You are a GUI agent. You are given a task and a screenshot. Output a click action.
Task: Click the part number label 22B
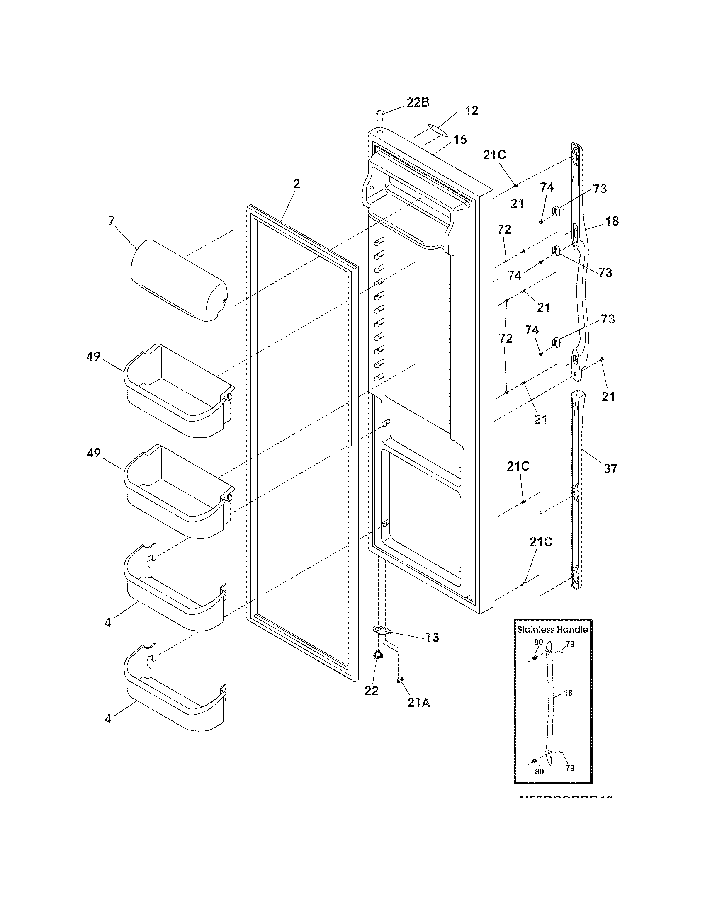click(418, 102)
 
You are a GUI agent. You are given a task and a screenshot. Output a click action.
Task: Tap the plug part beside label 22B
click(379, 114)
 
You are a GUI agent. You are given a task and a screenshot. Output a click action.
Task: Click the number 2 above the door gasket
click(296, 184)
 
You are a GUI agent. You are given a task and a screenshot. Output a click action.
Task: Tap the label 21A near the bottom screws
click(419, 703)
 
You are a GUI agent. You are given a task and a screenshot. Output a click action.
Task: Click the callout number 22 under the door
click(371, 691)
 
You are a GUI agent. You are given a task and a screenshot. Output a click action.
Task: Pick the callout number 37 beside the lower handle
click(610, 469)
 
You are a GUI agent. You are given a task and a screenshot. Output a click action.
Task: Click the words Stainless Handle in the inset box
click(552, 629)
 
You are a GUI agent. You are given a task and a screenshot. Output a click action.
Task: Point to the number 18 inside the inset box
click(568, 693)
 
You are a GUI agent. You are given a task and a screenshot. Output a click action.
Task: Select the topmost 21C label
click(494, 155)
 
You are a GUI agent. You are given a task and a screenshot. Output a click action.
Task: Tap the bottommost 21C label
click(541, 542)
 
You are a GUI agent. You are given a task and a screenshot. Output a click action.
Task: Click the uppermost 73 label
click(599, 189)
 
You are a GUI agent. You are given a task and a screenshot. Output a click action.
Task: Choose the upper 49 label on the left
click(93, 357)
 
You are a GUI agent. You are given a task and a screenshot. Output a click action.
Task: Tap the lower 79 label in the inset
click(570, 767)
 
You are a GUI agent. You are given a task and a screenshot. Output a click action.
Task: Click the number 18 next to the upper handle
click(612, 221)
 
